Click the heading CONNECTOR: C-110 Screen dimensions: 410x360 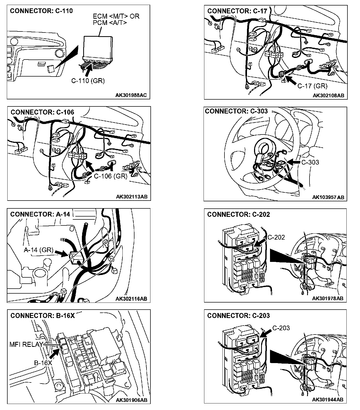[x=41, y=11]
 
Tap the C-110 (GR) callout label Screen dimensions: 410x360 [x=88, y=81]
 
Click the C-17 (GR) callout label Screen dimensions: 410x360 [x=312, y=86]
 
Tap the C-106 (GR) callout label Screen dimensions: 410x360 [x=110, y=176]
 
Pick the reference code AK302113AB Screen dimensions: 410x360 [x=133, y=197]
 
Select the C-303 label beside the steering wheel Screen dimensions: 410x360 [x=310, y=162]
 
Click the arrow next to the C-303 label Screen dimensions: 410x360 [x=294, y=163]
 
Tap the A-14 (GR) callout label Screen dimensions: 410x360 [x=39, y=250]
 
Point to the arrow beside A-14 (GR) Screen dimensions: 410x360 [x=61, y=253]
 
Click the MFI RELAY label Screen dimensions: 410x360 [x=26, y=344]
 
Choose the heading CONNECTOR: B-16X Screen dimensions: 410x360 [x=42, y=315]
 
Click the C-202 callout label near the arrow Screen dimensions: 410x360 [x=276, y=237]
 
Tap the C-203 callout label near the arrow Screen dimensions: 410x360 [x=281, y=328]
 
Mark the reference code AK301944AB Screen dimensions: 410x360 [x=328, y=400]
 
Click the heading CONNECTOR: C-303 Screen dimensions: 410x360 [x=236, y=111]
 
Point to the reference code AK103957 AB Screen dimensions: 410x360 [x=328, y=197]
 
